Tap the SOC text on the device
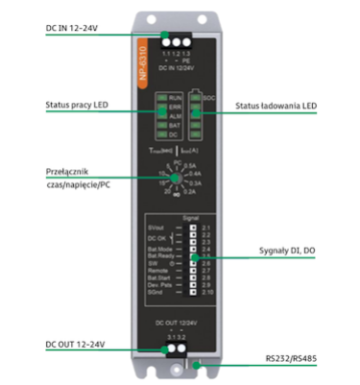coord(209,98)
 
